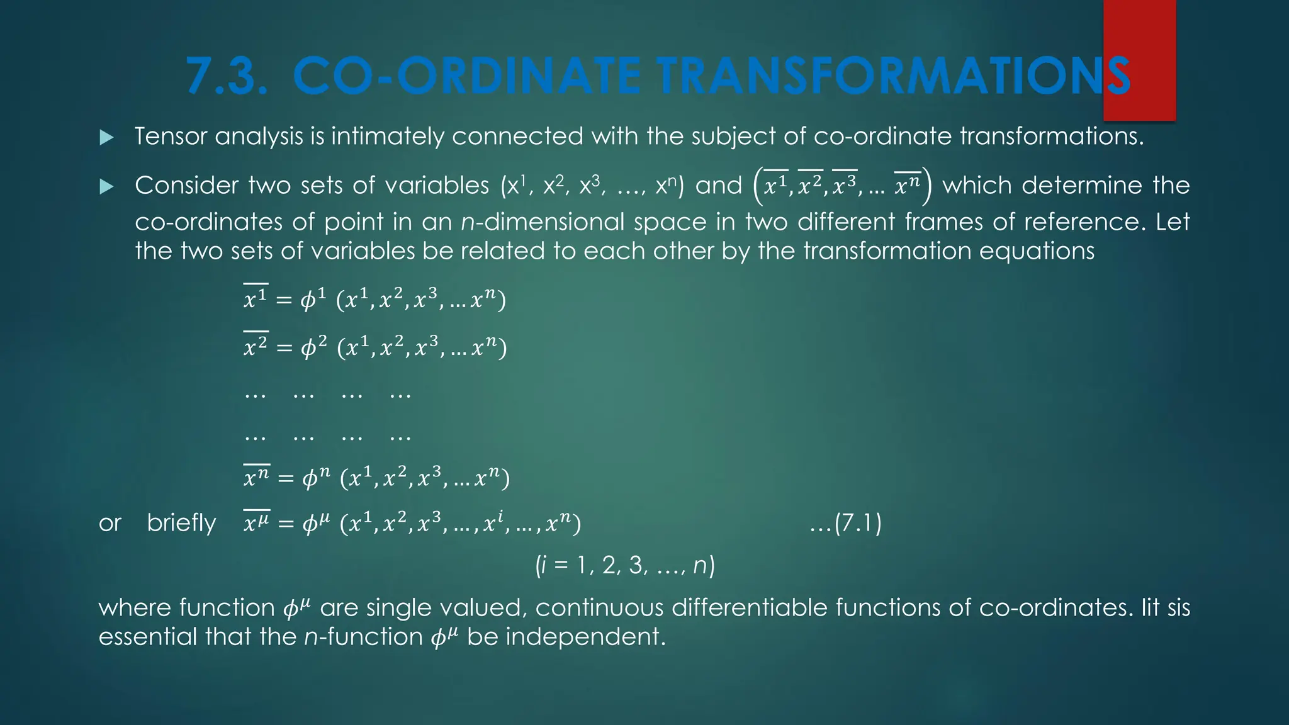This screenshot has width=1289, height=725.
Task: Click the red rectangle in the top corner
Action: (1139, 60)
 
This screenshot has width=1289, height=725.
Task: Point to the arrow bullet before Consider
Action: (107, 186)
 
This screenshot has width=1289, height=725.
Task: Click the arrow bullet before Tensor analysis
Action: (107, 137)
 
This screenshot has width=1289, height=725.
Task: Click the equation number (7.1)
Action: (846, 523)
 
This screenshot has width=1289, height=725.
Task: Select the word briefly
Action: (181, 523)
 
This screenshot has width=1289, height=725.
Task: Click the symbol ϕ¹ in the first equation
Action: (313, 299)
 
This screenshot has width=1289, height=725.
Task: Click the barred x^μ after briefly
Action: (256, 522)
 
